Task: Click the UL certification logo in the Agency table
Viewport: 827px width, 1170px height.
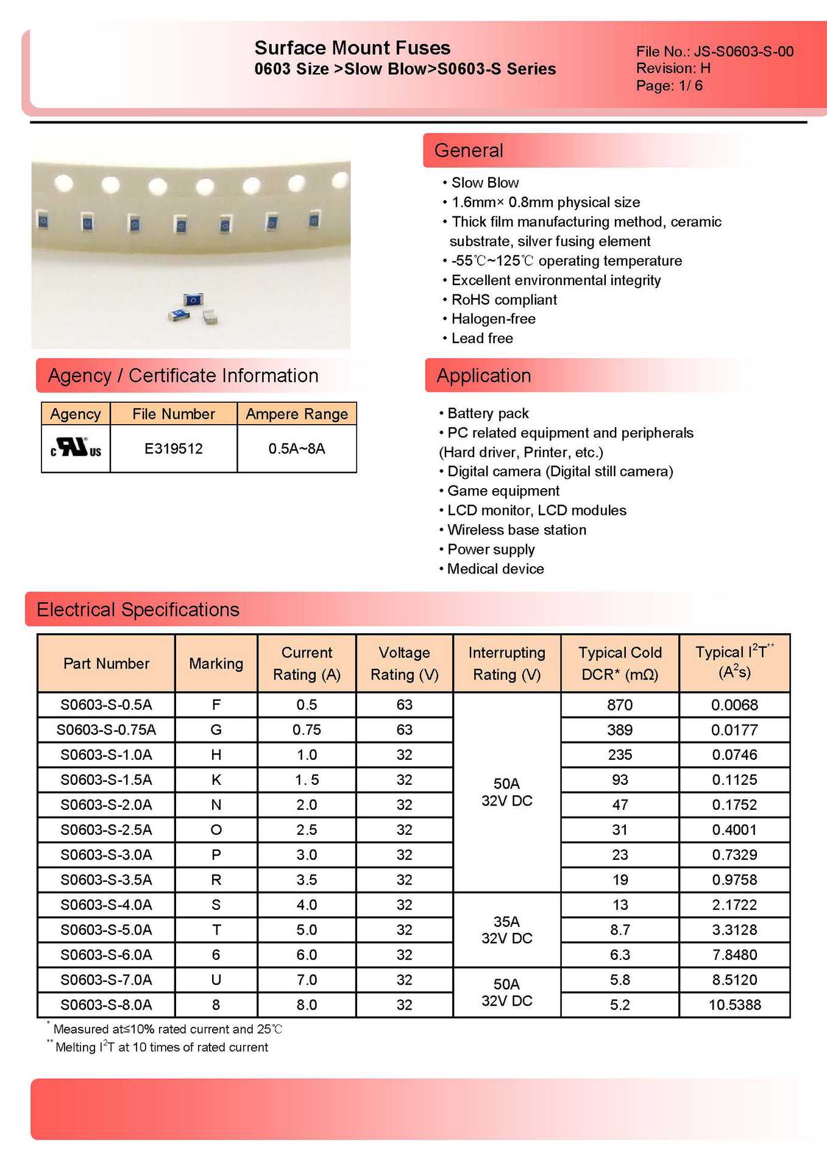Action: [x=76, y=448]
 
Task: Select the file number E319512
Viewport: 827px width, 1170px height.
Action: [x=173, y=448]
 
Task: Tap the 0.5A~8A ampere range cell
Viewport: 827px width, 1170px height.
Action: [x=297, y=448]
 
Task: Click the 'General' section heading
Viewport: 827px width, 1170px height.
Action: [x=469, y=151]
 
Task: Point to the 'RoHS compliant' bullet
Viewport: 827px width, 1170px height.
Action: [x=503, y=299]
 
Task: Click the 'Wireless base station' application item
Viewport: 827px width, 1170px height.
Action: [x=516, y=530]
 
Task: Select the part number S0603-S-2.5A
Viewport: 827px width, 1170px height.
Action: [x=106, y=829]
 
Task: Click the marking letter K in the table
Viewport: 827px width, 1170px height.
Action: [x=216, y=779]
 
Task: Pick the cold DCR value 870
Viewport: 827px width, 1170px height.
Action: [x=619, y=704]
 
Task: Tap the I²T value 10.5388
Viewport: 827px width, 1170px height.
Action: [x=734, y=1004]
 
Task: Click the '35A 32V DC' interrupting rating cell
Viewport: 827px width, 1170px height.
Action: [x=506, y=929]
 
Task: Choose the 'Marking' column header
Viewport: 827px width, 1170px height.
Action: [x=216, y=663]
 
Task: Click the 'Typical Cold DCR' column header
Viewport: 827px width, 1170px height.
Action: [x=619, y=663]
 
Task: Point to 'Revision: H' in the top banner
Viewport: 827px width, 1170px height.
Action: [x=673, y=68]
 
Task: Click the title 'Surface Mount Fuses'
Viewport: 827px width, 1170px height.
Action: [x=352, y=48]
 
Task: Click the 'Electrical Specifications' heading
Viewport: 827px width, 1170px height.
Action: [x=138, y=609]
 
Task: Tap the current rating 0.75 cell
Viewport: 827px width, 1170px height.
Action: [x=307, y=729]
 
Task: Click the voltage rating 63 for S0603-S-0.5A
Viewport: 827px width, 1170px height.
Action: [x=404, y=704]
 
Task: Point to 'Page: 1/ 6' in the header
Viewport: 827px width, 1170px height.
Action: [x=669, y=85]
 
